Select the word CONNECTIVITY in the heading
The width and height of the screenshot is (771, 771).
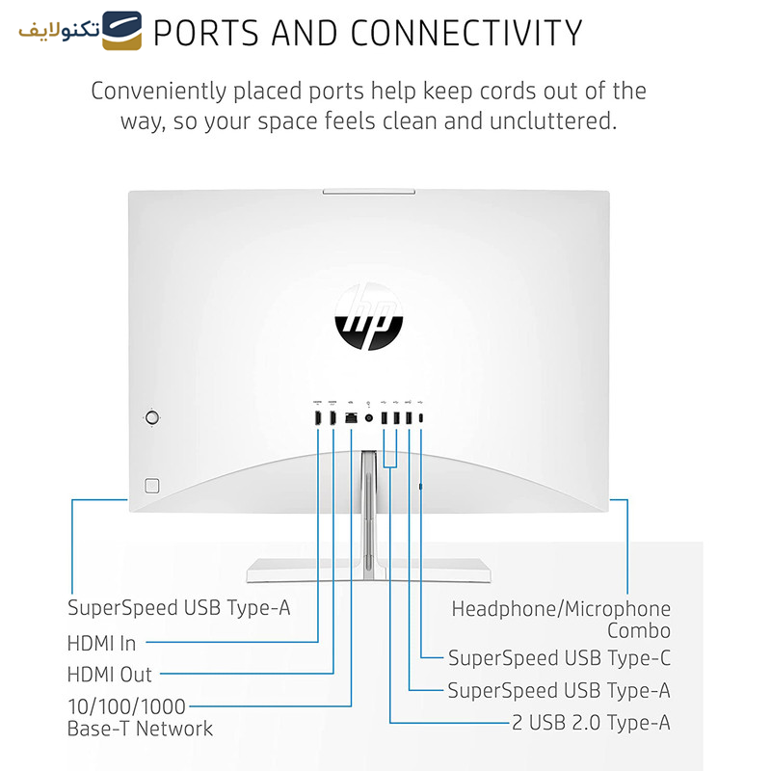pyautogui.click(x=466, y=33)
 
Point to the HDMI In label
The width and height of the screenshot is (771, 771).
pyautogui.click(x=101, y=643)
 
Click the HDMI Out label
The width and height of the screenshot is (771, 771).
pyautogui.click(x=109, y=675)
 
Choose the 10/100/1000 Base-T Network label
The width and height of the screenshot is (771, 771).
pyautogui.click(x=140, y=718)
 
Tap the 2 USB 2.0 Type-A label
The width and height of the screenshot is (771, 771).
pyautogui.click(x=591, y=722)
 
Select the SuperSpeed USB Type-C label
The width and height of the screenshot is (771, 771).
pyautogui.click(x=559, y=658)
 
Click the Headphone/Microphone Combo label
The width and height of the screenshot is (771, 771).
pyautogui.click(x=561, y=620)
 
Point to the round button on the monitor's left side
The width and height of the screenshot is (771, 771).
pyautogui.click(x=151, y=417)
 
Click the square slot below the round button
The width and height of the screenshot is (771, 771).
pyautogui.click(x=150, y=485)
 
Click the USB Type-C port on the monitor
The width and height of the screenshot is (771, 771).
pyautogui.click(x=421, y=418)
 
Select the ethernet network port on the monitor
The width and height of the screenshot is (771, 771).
pyautogui.click(x=351, y=418)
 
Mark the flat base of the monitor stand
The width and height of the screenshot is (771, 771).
pyautogui.click(x=367, y=572)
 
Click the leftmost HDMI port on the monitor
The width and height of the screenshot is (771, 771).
pyautogui.click(x=317, y=418)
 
